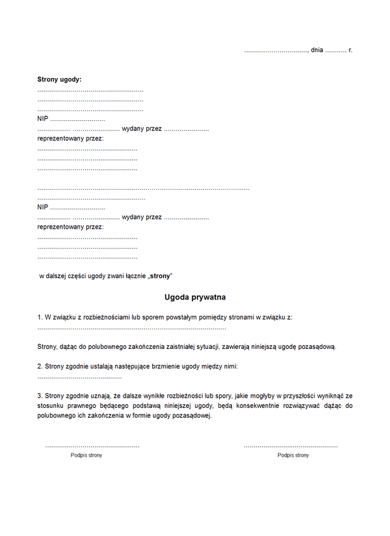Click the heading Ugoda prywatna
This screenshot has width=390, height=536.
(x=195, y=297)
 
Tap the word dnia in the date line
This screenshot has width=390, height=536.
(x=317, y=49)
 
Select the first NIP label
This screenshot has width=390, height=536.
(x=43, y=119)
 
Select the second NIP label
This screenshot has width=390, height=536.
(x=43, y=207)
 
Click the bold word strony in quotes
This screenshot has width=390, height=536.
(x=159, y=276)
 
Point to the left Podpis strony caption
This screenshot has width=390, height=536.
(x=86, y=455)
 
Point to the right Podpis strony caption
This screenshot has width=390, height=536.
(x=293, y=455)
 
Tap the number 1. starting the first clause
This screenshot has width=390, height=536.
(x=40, y=317)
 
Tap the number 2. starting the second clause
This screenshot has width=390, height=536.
(x=40, y=366)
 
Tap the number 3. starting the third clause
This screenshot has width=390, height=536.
(x=40, y=395)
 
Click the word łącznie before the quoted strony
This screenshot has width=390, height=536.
(x=133, y=276)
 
